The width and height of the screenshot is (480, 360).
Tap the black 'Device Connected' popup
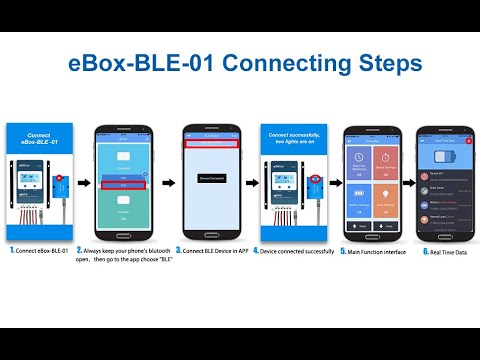(211, 179)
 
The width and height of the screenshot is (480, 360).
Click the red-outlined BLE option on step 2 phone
(124, 185)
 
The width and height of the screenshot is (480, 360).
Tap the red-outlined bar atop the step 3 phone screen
(211, 143)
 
